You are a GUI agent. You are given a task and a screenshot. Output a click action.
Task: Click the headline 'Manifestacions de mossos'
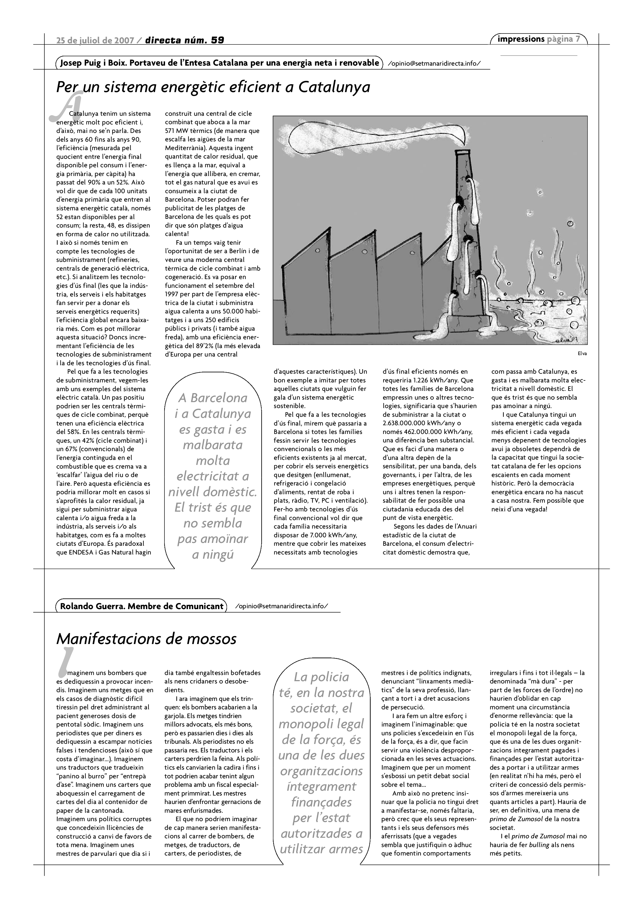pos(146,639)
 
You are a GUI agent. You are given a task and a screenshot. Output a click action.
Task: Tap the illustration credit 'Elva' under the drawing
pos(582,353)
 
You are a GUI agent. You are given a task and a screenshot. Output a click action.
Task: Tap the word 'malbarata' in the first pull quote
pos(213,445)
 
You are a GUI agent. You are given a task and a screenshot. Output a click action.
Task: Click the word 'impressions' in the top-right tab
pos(521,39)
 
